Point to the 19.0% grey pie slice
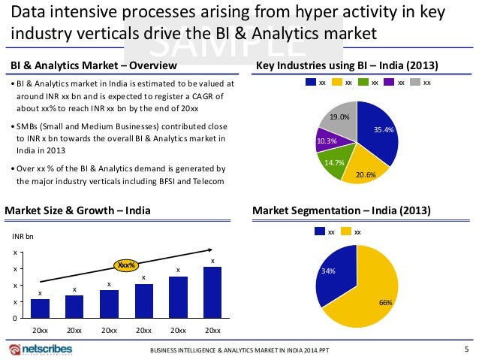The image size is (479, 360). (x=339, y=121)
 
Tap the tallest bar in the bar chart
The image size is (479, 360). (x=212, y=292)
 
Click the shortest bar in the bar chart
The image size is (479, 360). (x=41, y=308)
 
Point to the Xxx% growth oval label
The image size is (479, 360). (x=125, y=265)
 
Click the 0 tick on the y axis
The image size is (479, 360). (x=16, y=319)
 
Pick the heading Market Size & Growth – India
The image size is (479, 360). (x=77, y=211)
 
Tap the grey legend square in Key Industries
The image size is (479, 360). (x=415, y=83)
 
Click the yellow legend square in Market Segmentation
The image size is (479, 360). (x=347, y=232)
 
